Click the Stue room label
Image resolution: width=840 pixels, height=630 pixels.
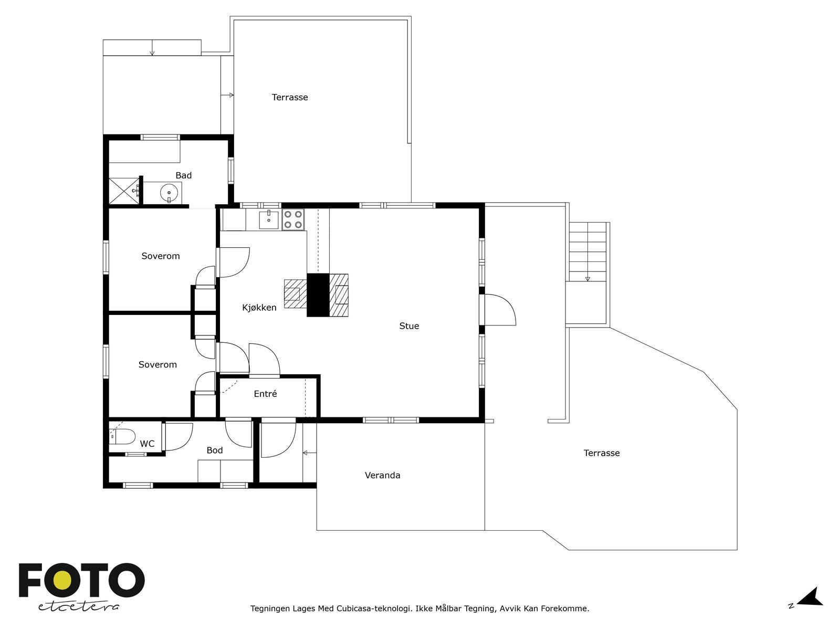(x=408, y=326)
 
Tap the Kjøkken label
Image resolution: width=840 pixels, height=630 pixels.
(x=259, y=308)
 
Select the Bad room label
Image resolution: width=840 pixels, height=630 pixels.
(x=183, y=175)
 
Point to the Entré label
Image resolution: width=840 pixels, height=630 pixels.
(x=265, y=394)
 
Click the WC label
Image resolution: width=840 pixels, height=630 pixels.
(x=147, y=444)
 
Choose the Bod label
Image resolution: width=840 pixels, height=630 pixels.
(x=214, y=450)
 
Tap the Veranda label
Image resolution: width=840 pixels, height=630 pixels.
(x=382, y=475)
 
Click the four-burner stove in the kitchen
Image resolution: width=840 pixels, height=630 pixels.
(x=293, y=219)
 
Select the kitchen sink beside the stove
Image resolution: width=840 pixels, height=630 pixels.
(x=269, y=219)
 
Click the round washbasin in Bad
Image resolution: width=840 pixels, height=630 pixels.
(x=169, y=192)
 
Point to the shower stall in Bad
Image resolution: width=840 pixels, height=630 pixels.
(x=124, y=191)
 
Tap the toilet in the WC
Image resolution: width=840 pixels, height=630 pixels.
(x=122, y=436)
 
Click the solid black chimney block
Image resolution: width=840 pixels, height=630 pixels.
(x=318, y=295)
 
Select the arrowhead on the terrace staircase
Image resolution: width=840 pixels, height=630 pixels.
(x=587, y=279)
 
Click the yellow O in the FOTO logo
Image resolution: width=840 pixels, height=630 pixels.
(x=61, y=581)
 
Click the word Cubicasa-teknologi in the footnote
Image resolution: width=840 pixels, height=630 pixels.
(x=373, y=608)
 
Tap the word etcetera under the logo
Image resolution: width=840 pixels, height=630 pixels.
(x=78, y=607)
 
